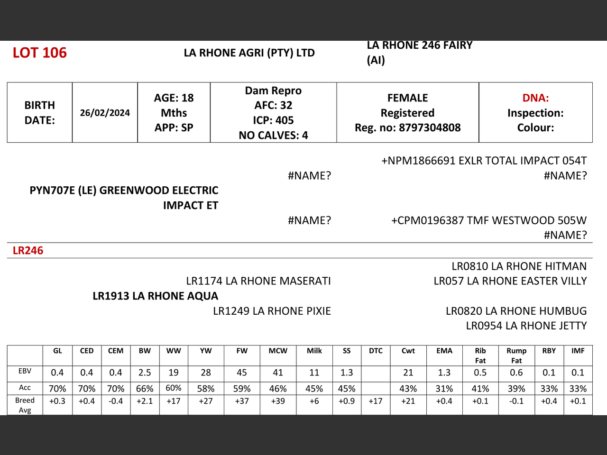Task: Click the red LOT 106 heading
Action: (x=40, y=53)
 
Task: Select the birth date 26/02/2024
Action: (x=105, y=113)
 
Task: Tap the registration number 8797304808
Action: (x=430, y=127)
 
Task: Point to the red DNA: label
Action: (x=535, y=98)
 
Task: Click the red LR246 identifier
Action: (x=28, y=251)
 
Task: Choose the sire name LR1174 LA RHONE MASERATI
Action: (x=258, y=281)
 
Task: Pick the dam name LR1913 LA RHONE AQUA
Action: (x=156, y=296)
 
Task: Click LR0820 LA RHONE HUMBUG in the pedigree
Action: (x=516, y=311)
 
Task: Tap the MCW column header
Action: (x=278, y=351)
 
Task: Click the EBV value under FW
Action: (x=242, y=373)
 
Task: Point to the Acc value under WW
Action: (x=174, y=388)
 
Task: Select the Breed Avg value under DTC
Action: (x=376, y=401)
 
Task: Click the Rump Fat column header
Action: (x=516, y=355)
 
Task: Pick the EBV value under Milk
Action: (x=314, y=373)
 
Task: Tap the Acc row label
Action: (x=25, y=388)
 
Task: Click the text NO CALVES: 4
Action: (x=273, y=136)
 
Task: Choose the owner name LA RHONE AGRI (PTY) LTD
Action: (x=249, y=53)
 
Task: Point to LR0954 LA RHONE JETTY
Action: (x=526, y=326)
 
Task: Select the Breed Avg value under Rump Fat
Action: (x=516, y=401)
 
